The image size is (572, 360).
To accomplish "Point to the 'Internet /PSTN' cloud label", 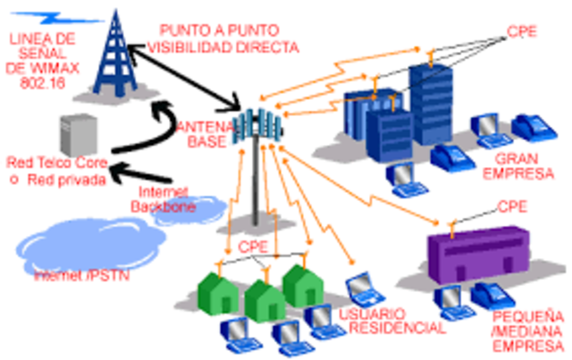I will point(81,274).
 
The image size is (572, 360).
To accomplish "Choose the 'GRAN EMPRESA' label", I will point(521,166).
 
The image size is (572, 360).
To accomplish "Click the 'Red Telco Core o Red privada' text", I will point(57,172).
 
